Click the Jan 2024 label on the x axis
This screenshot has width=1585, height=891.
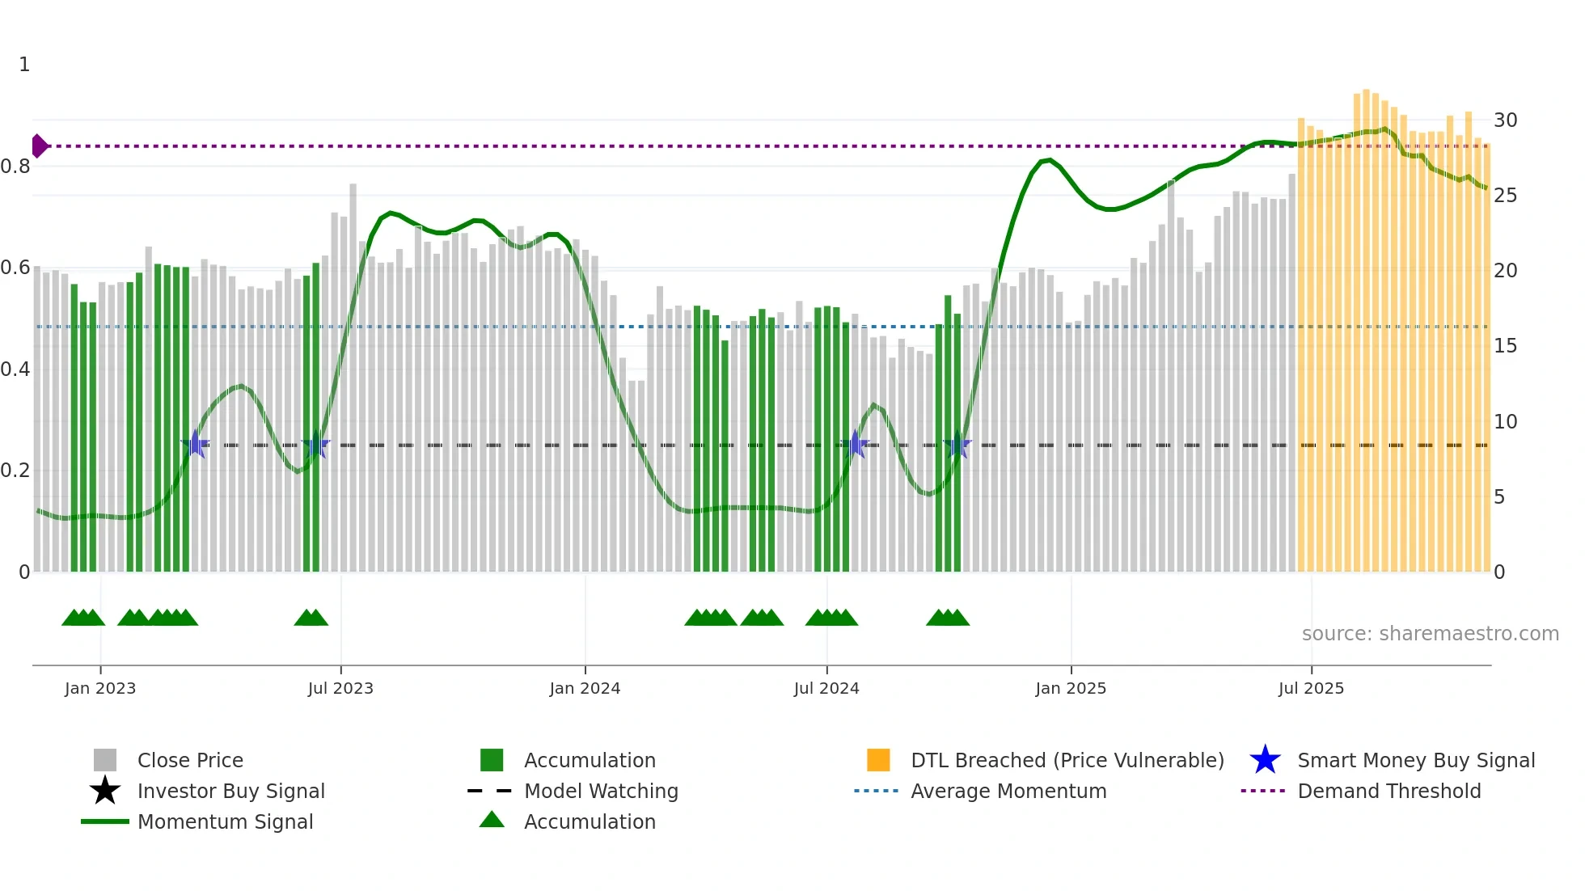point(585,689)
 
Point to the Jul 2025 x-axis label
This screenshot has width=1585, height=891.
point(1311,689)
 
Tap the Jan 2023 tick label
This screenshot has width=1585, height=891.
point(100,689)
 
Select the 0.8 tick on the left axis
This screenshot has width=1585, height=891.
point(15,167)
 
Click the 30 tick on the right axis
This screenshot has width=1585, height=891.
point(1505,120)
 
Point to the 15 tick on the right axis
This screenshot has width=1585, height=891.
point(1505,346)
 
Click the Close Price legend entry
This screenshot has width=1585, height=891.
point(190,761)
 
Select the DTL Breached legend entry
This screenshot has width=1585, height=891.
point(1067,761)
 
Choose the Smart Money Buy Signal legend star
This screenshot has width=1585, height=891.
point(1265,760)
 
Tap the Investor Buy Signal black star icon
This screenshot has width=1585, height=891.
point(105,791)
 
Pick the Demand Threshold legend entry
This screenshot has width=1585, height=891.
point(1388,792)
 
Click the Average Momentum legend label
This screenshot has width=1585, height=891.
point(1008,792)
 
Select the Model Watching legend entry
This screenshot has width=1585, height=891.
point(601,792)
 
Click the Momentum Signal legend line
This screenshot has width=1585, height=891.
point(105,821)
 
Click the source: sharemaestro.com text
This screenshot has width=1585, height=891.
point(1430,634)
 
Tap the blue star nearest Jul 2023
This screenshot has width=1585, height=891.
point(315,445)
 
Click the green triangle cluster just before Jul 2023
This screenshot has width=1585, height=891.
point(311,618)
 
